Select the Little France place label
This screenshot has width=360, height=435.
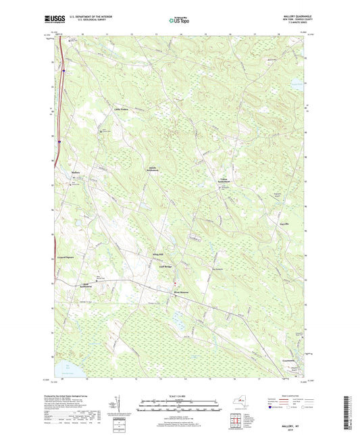[121, 109]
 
